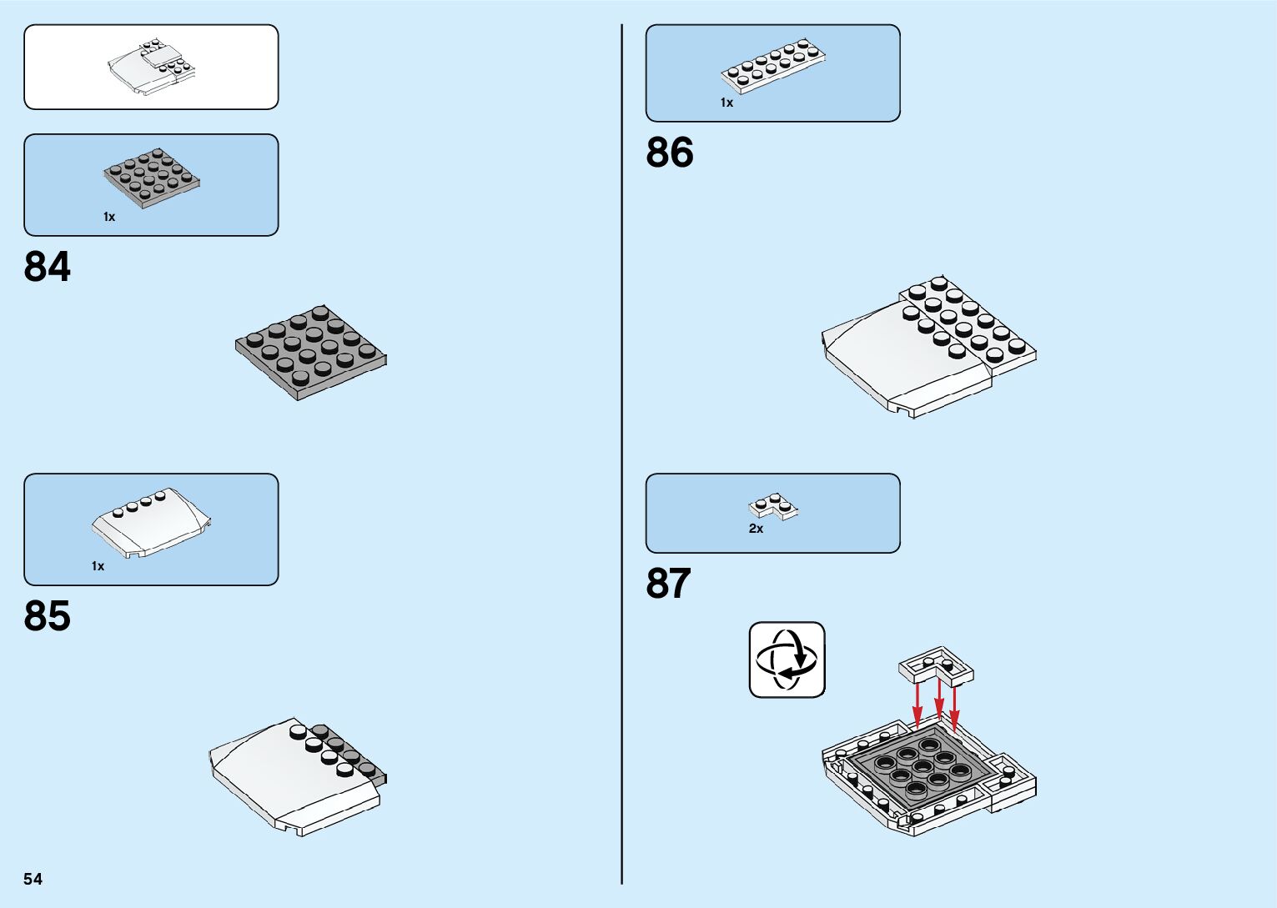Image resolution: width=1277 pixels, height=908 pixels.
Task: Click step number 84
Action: (x=48, y=267)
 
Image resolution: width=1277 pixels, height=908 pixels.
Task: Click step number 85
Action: (x=48, y=616)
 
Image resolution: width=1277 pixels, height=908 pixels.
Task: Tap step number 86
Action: (x=669, y=153)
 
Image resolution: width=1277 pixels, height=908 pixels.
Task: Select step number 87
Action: (x=668, y=584)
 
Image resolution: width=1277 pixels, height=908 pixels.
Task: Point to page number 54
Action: (x=33, y=879)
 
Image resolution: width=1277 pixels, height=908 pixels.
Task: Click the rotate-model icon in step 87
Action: (x=787, y=660)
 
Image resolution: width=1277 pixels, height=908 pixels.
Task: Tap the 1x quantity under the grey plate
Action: (x=109, y=217)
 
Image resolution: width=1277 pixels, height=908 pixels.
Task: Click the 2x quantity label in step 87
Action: (x=756, y=529)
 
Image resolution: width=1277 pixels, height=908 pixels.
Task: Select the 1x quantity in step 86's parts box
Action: (x=726, y=103)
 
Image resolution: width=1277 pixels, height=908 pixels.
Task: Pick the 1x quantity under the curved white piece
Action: (x=98, y=566)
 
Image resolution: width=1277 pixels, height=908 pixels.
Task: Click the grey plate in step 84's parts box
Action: (x=152, y=178)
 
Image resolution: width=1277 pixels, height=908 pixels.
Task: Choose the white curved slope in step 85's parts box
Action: (x=151, y=522)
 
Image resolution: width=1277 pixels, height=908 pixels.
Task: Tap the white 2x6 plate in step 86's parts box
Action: (x=774, y=65)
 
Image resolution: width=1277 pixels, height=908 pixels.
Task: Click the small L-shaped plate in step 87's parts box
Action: (x=773, y=505)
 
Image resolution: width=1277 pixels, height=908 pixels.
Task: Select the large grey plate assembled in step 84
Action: (x=311, y=352)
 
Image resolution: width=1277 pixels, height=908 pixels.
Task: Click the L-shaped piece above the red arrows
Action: (x=937, y=665)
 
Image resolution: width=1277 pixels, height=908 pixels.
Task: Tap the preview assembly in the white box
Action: (x=151, y=67)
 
